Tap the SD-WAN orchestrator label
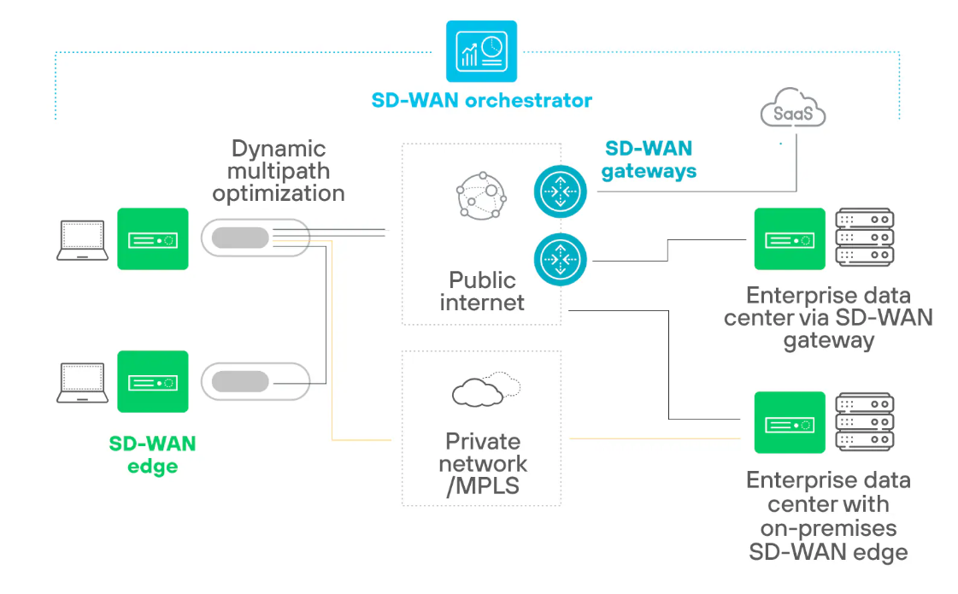pos(481,100)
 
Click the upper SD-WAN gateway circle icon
pos(561,191)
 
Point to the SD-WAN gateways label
pos(649,160)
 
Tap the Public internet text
pos(482,291)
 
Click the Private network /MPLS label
pos(483,463)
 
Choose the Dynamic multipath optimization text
pos(279,171)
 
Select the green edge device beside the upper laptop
pos(152,239)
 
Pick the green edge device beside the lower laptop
pos(152,382)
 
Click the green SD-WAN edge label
pos(152,455)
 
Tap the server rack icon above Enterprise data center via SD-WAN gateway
pos(864,238)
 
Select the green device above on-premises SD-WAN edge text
pos(790,422)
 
